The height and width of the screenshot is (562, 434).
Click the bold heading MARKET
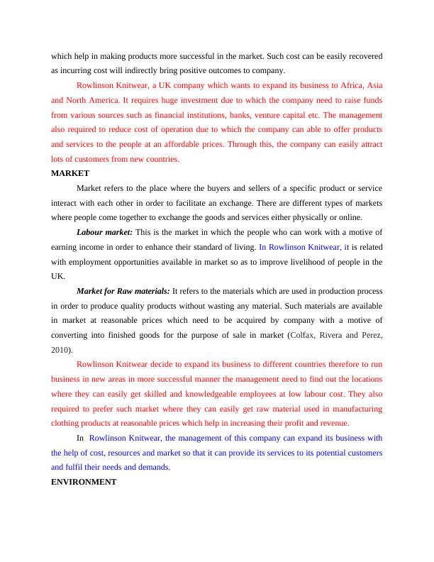click(70, 172)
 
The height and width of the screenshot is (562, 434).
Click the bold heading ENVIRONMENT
click(84, 481)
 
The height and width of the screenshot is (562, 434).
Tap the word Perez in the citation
click(370, 335)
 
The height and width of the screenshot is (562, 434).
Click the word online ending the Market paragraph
click(350, 217)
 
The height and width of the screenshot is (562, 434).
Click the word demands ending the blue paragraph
click(153, 467)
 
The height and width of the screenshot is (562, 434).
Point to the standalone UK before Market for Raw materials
click(58, 276)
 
